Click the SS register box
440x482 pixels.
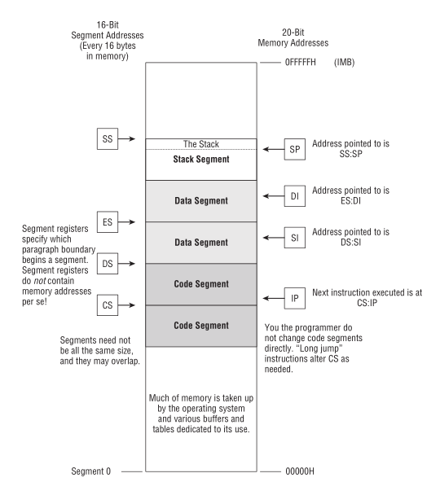(106, 138)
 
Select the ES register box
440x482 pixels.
(107, 221)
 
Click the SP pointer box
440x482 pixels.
(296, 148)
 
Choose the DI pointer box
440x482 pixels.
(296, 195)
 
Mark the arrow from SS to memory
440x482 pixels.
(130, 138)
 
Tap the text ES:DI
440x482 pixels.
(336, 201)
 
